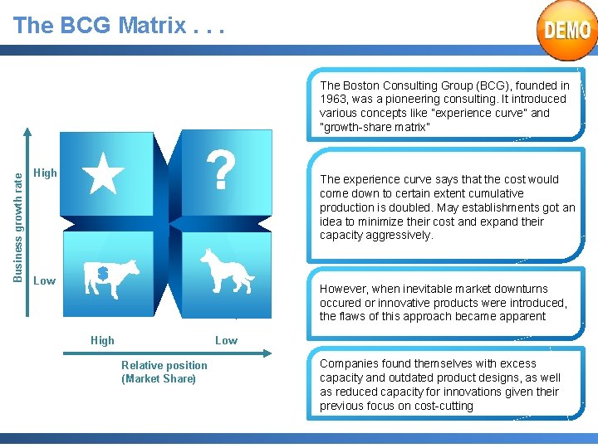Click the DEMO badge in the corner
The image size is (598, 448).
point(567,31)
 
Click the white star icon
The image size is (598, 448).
point(105,173)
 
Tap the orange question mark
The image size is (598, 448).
point(220,171)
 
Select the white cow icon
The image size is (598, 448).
point(113,279)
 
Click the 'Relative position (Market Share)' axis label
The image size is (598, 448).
point(164,372)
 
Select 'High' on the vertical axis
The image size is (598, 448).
point(45,173)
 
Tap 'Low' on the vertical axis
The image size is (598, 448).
point(45,280)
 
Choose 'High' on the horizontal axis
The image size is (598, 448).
point(102,340)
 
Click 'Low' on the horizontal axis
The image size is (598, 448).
point(226,340)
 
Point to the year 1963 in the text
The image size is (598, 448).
point(336,99)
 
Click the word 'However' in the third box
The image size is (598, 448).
point(341,289)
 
